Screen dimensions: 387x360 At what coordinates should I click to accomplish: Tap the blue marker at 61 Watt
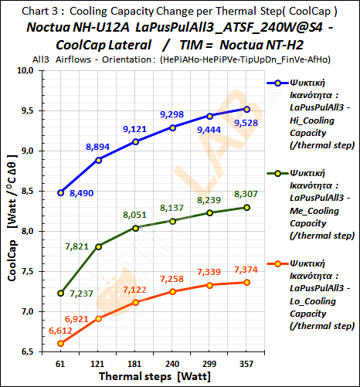(61, 192)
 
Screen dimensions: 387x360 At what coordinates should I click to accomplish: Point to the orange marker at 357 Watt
(246, 282)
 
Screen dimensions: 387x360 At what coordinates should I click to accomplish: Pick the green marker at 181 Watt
(136, 228)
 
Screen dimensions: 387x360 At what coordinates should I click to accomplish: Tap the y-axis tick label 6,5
(31, 351)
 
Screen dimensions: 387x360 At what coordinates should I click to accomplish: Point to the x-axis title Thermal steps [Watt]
(151, 375)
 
